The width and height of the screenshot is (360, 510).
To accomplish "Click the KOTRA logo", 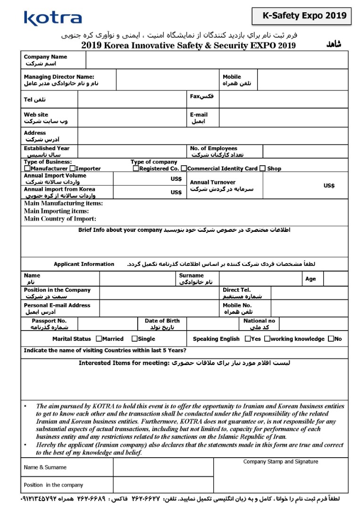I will tap(53, 18).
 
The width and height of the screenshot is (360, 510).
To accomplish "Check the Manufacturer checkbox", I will tap(27, 169).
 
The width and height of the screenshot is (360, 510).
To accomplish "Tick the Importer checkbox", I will tap(72, 169).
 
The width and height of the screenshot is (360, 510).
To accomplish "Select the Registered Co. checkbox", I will tap(136, 169).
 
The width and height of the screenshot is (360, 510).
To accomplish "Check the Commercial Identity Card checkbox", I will tap(184, 169).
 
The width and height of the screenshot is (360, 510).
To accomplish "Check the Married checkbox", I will tap(99, 339).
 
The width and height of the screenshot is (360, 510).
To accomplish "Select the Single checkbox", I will tap(134, 339).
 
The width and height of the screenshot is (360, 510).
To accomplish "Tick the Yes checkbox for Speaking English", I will tap(248, 339).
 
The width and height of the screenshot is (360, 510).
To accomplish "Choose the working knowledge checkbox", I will tap(267, 339).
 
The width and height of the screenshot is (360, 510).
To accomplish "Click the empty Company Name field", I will tap(217, 60).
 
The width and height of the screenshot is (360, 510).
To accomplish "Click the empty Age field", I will tap(336, 279).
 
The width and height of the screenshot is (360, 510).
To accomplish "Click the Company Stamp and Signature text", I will tap(281, 462).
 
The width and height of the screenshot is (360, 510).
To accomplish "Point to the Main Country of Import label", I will tap(60, 219).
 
